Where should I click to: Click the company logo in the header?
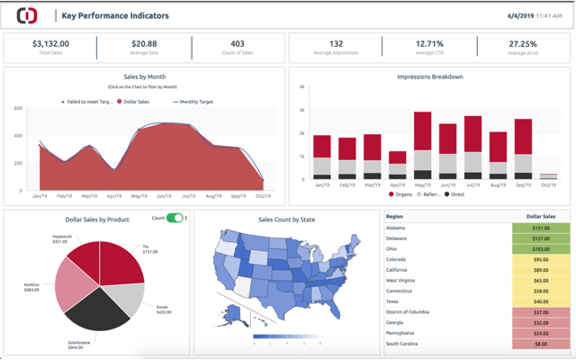(27, 15)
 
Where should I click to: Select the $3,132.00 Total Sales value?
(50, 43)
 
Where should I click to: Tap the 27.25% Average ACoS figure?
(523, 43)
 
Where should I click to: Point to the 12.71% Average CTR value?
(429, 43)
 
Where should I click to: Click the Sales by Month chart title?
(144, 77)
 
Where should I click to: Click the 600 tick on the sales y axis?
(18, 109)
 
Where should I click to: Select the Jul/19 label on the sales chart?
(189, 195)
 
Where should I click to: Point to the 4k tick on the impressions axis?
(302, 86)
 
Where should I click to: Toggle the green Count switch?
(175, 218)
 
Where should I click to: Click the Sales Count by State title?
(287, 219)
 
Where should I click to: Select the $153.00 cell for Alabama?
(540, 229)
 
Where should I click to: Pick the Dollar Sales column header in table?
(540, 217)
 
